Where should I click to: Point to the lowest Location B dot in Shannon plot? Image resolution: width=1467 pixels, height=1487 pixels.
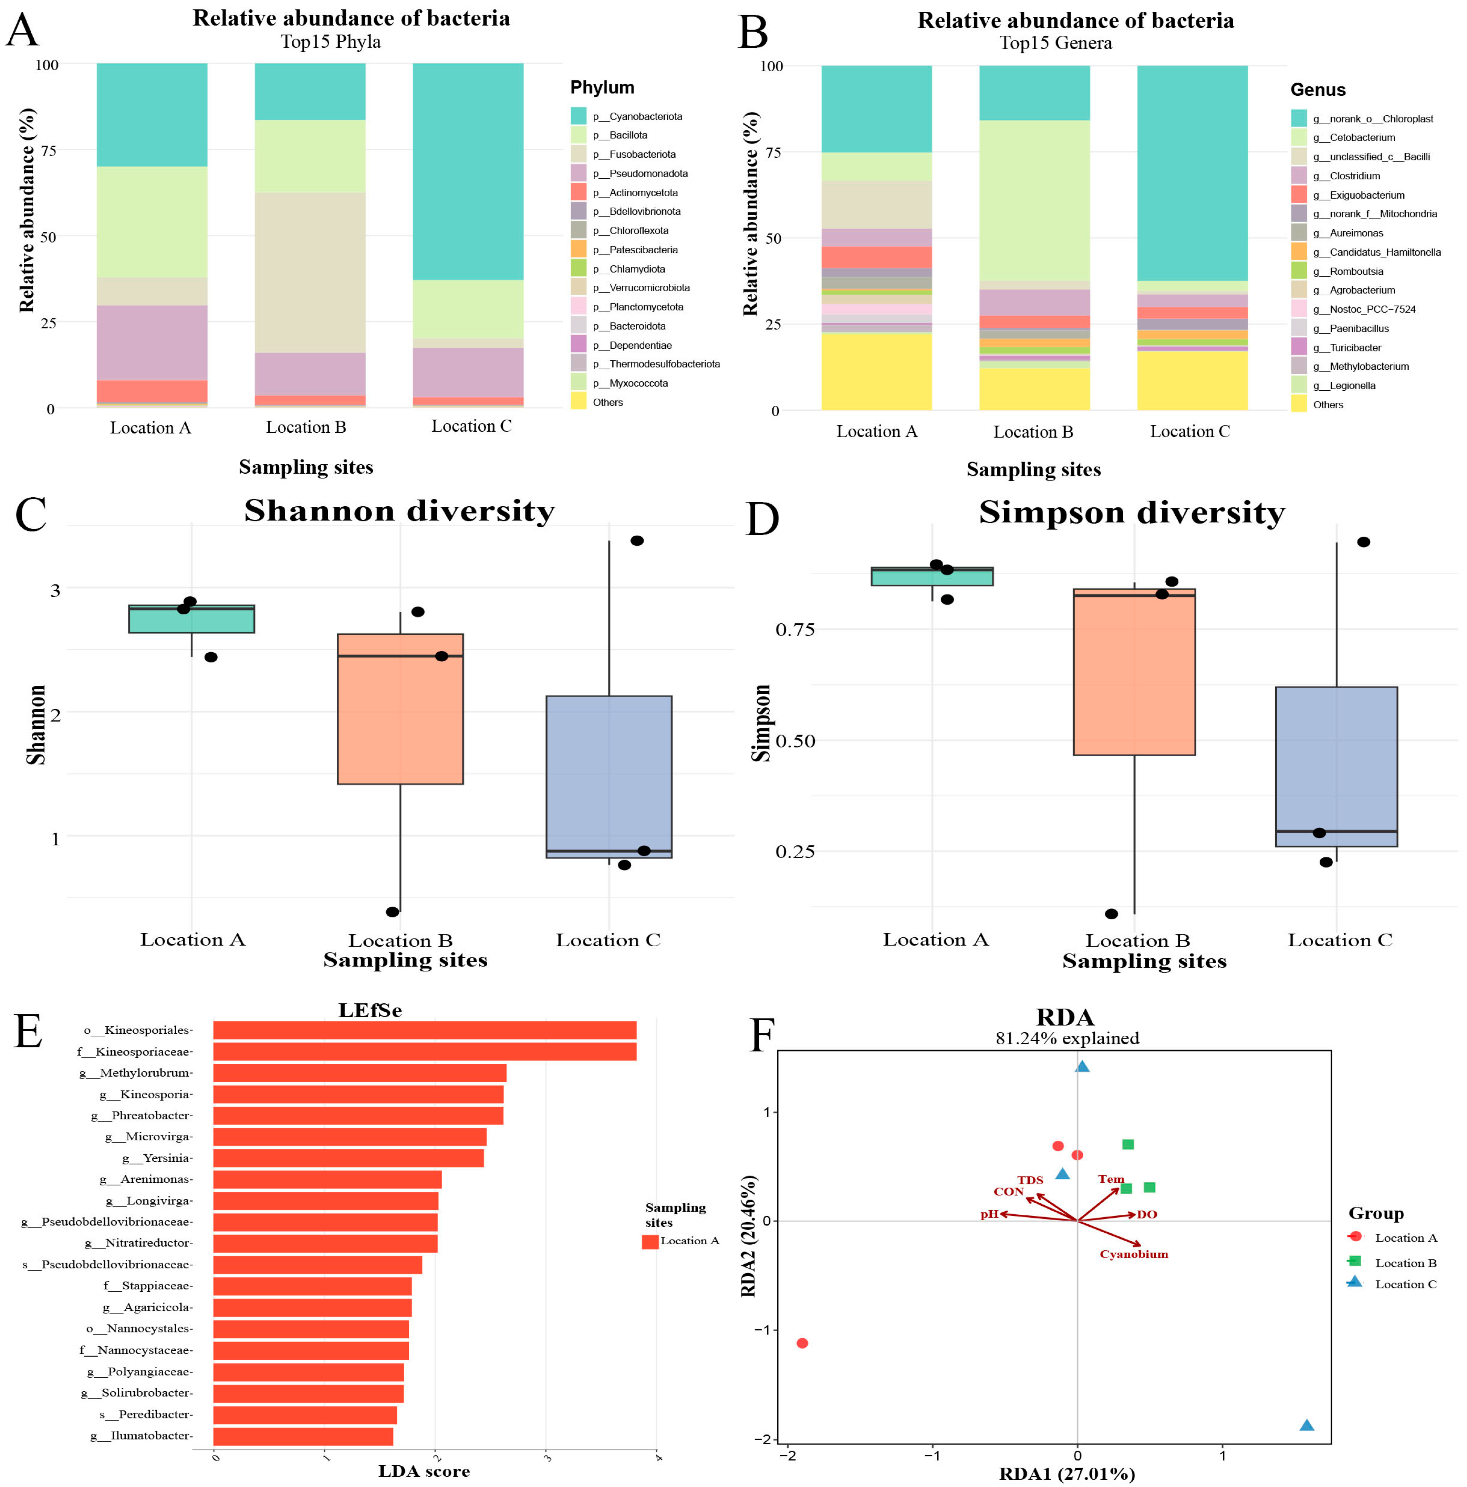(392, 911)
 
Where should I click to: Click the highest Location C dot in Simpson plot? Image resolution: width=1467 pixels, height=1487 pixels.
(1363, 542)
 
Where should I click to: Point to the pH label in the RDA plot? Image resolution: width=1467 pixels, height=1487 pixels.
(989, 1214)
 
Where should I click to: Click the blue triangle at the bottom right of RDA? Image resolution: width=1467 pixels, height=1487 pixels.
(1306, 1425)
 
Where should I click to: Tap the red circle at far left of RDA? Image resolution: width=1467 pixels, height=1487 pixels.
(802, 1343)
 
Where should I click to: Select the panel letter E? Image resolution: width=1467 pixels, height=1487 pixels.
(29, 1031)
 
